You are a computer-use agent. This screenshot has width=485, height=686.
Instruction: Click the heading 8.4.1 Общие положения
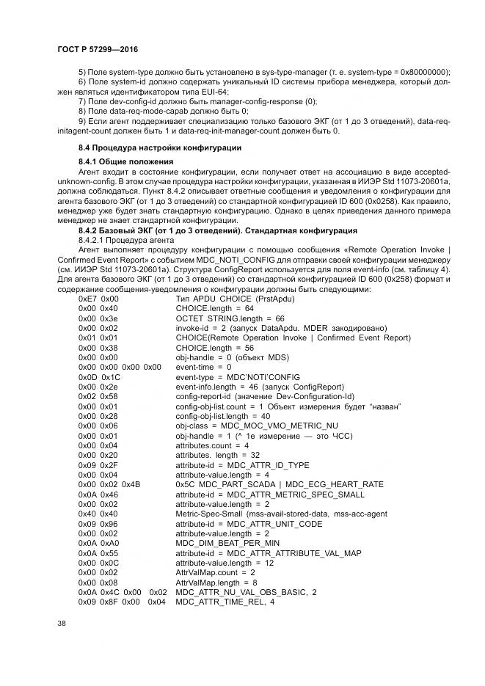(x=125, y=161)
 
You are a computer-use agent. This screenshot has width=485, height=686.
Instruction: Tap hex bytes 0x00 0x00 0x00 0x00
(x=120, y=367)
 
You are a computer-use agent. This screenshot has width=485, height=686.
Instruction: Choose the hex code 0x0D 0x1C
(x=99, y=376)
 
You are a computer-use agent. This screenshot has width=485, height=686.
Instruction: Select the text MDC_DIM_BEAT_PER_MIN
(x=228, y=542)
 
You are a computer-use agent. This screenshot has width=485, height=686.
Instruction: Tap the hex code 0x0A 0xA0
(x=98, y=542)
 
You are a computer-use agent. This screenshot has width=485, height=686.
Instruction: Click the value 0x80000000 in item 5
(x=425, y=71)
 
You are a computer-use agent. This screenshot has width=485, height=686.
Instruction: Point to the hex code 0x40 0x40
(x=98, y=514)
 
